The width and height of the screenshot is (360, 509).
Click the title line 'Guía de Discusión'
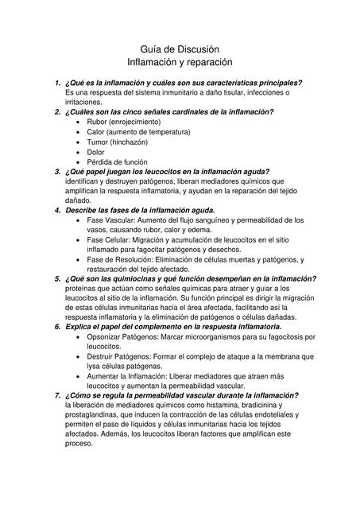(180, 49)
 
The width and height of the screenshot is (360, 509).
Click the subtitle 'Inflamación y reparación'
(180, 61)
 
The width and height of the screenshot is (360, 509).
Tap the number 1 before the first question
(56, 83)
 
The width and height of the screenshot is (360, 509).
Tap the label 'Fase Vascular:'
(113, 220)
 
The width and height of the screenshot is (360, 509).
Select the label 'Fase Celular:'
(110, 239)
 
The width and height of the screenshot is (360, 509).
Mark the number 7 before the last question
(56, 395)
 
